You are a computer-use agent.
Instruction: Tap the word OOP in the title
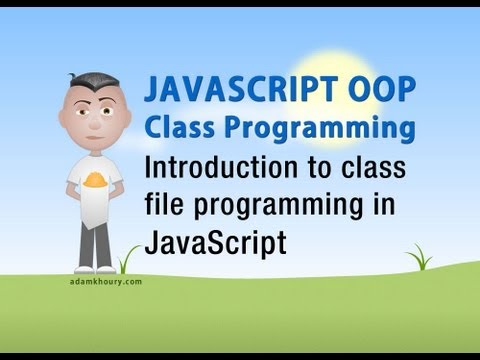pyautogui.click(x=366, y=89)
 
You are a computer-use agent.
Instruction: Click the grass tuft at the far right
pyautogui.click(x=421, y=261)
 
